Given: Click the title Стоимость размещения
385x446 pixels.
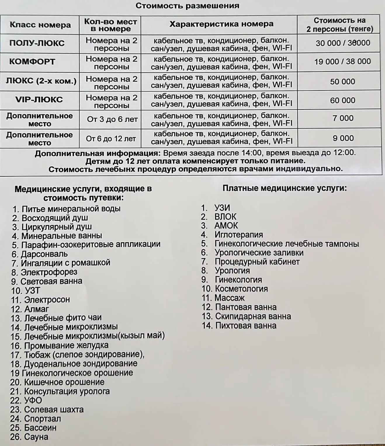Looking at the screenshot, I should [x=187, y=6].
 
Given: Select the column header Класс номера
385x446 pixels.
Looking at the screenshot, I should [x=40, y=25].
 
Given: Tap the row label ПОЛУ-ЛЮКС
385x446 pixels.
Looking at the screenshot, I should [x=37, y=43].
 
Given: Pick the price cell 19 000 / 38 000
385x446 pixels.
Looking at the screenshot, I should [x=342, y=62].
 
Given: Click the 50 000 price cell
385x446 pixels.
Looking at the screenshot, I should [x=342, y=81].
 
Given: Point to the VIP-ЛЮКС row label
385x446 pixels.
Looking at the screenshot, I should [x=39, y=100].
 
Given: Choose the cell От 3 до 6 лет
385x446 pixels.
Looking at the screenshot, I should [x=112, y=119].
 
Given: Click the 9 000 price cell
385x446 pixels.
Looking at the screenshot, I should [x=343, y=138].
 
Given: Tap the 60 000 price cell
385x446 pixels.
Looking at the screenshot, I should [x=342, y=100].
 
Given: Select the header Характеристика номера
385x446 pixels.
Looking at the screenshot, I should [x=221, y=24].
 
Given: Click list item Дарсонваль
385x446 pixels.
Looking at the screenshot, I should [x=44, y=254].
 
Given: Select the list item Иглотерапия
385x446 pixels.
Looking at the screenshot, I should [x=238, y=234].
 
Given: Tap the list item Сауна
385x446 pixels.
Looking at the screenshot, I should [x=36, y=437].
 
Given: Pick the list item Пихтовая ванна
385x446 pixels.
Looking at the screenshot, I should [x=245, y=325].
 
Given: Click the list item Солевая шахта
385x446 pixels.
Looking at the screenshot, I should [x=53, y=409].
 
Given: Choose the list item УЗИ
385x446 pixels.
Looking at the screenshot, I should [x=222, y=208].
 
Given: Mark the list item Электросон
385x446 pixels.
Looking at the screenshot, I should [x=47, y=299].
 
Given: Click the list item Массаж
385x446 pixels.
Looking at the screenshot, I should [x=229, y=298].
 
